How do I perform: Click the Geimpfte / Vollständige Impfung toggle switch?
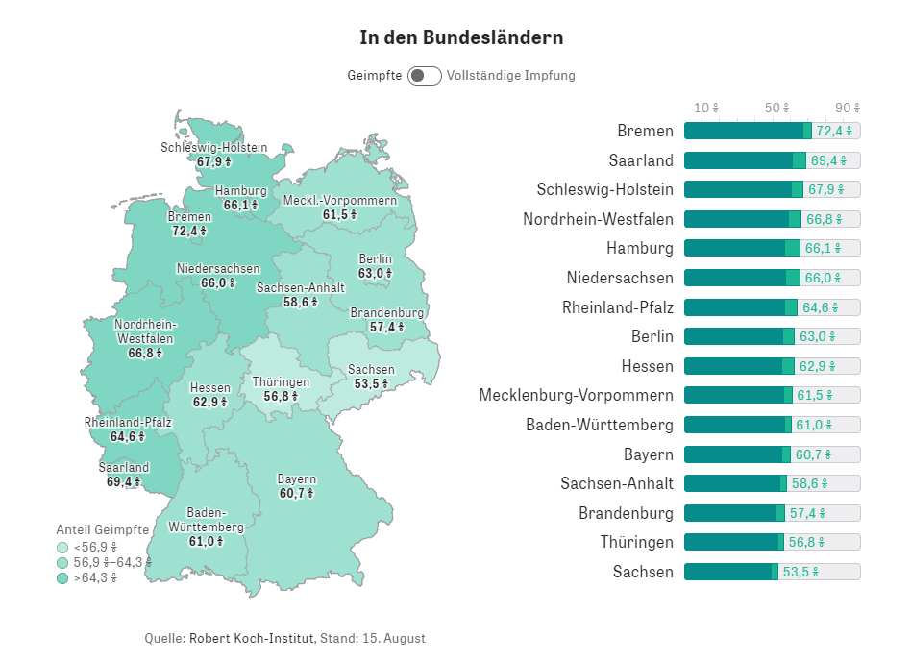[x=424, y=76]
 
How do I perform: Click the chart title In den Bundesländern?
[x=461, y=37]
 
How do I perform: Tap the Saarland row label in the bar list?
[x=641, y=160]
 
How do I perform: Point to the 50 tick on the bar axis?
[x=776, y=108]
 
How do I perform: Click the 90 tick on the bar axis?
[x=847, y=108]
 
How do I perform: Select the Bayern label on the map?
[x=297, y=478]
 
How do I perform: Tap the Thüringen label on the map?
[x=281, y=381]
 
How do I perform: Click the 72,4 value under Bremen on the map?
[x=189, y=231]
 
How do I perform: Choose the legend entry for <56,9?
[x=91, y=547]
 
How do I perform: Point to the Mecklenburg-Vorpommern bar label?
[x=576, y=395]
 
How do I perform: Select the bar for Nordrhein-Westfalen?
[x=741, y=219]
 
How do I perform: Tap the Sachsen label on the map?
[x=371, y=370]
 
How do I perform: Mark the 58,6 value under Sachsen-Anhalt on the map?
[x=300, y=302]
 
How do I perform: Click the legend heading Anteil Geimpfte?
[x=102, y=529]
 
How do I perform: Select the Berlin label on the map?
[x=376, y=259]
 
